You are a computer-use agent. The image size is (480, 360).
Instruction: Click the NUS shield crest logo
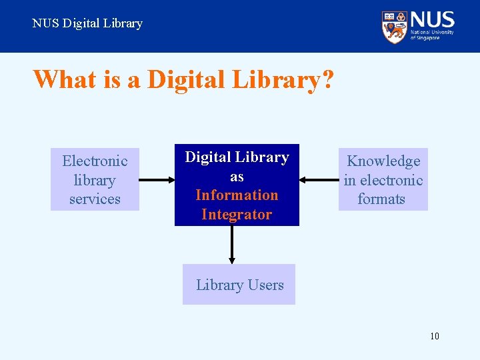(394, 27)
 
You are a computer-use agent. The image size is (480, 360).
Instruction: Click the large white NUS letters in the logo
(432, 19)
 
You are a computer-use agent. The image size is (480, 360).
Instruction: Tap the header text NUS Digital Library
(87, 23)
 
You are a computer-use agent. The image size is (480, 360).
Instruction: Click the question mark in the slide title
(327, 80)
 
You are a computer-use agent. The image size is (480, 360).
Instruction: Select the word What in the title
(65, 80)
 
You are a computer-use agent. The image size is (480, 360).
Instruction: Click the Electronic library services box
(95, 179)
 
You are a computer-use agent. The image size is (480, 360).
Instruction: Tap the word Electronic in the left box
(95, 161)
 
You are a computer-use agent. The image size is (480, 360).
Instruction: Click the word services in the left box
(95, 199)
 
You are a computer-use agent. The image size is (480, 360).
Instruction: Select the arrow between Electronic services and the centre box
(157, 179)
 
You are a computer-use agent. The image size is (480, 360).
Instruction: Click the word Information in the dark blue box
(237, 195)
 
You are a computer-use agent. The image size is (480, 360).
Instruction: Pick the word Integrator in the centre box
(237, 215)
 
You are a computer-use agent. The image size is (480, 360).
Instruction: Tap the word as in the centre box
(237, 177)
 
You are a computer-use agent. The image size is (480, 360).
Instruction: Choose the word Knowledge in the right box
(383, 161)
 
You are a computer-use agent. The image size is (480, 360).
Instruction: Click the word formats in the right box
(381, 199)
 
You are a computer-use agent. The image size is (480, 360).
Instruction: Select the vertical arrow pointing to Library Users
(231, 244)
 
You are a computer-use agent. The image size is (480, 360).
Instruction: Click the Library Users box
(239, 285)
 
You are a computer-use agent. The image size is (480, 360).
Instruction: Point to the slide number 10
(435, 336)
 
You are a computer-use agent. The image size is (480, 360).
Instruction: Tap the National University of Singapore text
(432, 35)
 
